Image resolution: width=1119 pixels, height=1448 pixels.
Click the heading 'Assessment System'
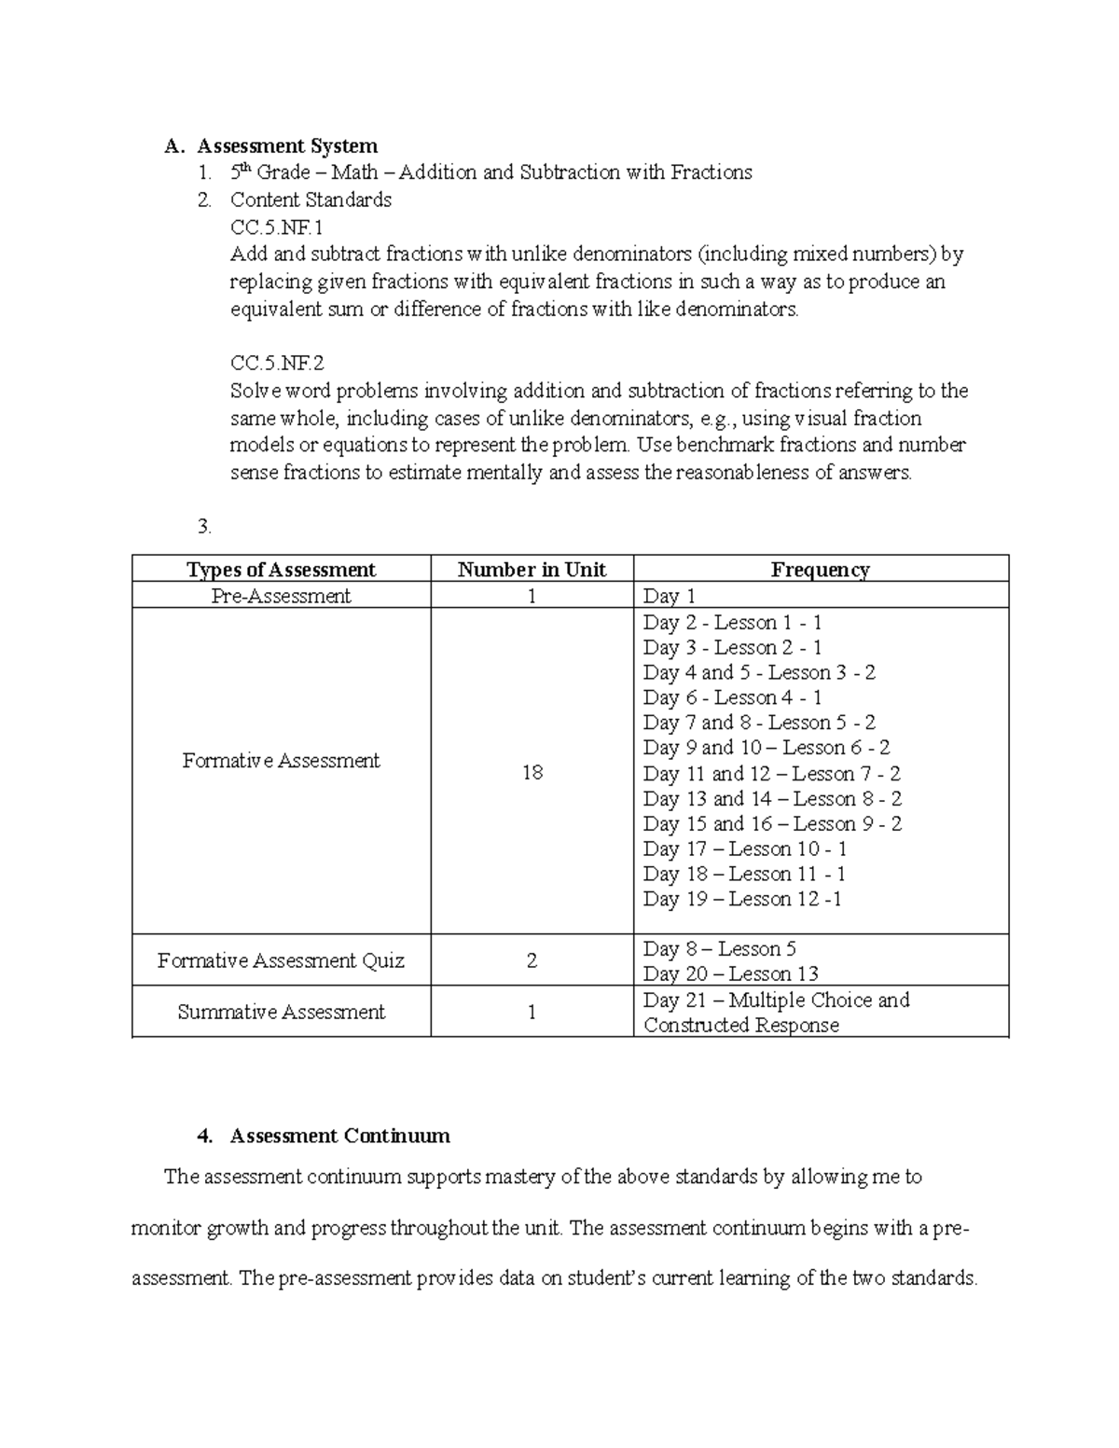[x=287, y=145]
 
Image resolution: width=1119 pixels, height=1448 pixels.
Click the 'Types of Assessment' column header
[x=281, y=570]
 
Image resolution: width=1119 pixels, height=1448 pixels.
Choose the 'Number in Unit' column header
[x=532, y=570]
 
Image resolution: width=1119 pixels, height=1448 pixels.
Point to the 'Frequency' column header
[x=820, y=570]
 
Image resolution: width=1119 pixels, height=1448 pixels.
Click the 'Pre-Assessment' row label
[x=281, y=596]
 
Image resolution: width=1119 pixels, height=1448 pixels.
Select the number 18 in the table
[x=532, y=773]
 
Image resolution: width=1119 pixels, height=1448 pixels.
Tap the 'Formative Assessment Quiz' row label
[x=281, y=960]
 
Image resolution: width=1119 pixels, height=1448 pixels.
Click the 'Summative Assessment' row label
[x=281, y=1012]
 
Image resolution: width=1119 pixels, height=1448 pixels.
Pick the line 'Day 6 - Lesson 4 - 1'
[x=732, y=697]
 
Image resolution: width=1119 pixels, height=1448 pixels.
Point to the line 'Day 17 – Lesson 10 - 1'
[x=744, y=848]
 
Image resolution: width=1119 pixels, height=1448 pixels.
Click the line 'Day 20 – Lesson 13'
[x=730, y=973]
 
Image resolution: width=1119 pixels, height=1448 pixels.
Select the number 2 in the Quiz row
[x=532, y=960]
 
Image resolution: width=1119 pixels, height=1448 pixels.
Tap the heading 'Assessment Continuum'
[x=339, y=1136]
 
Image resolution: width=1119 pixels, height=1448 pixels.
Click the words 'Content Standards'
[x=311, y=200]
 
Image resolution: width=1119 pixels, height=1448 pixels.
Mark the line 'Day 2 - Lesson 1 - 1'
[x=732, y=622]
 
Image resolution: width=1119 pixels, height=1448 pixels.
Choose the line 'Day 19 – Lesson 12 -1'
[x=742, y=899]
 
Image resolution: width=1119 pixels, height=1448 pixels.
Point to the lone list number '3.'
[x=205, y=527]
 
